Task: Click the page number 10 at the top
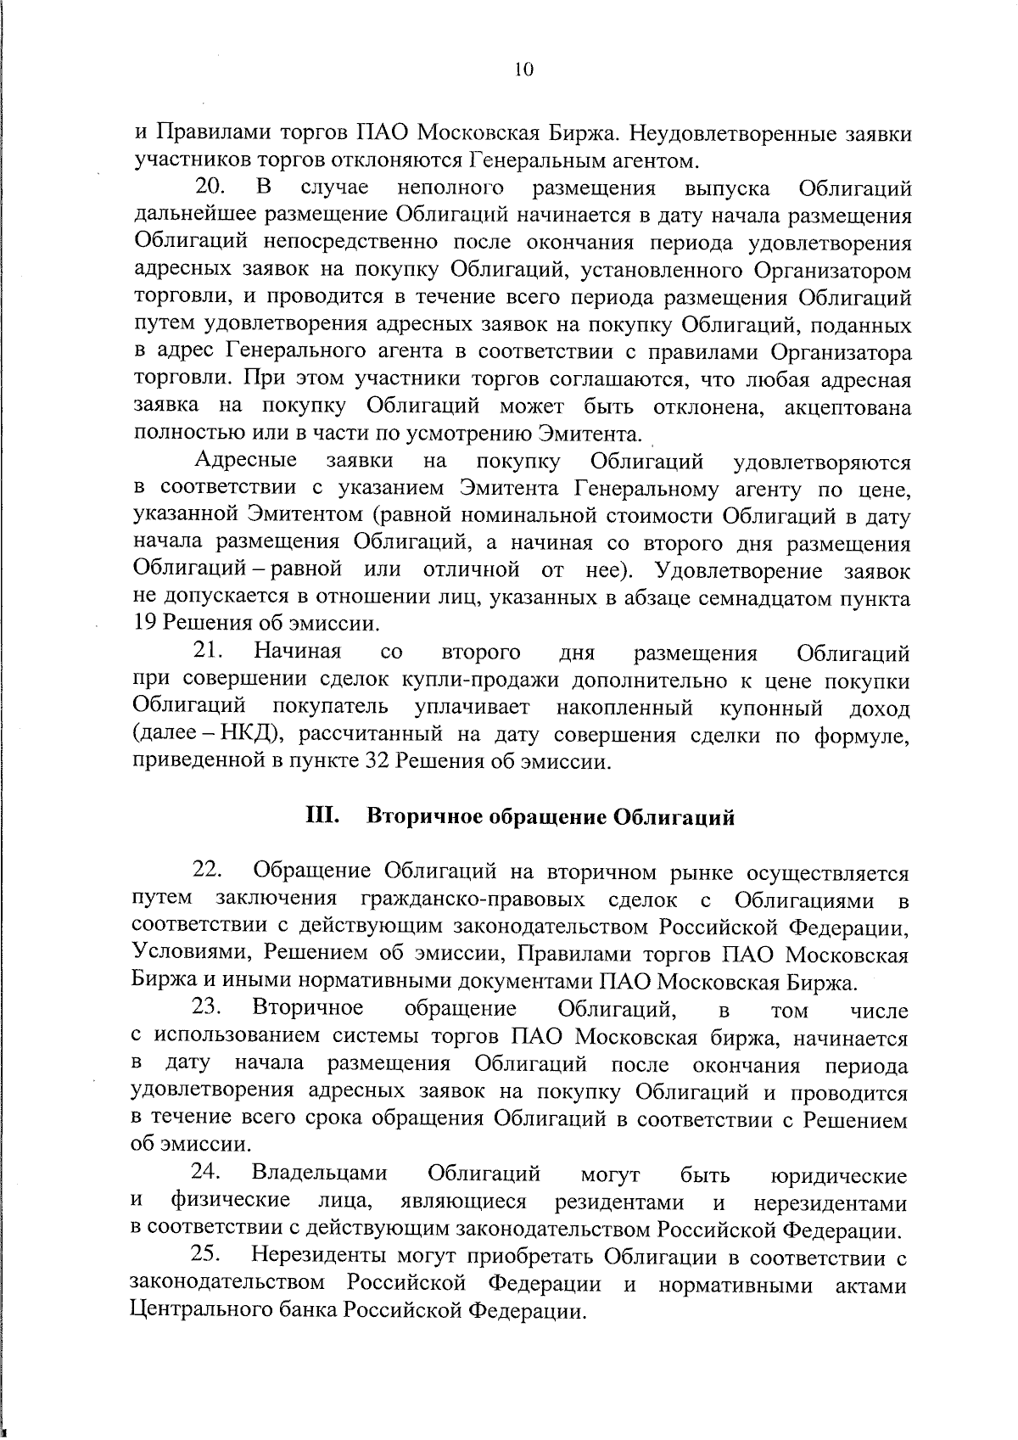coord(523,71)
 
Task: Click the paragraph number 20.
coord(210,187)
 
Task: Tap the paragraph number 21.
coord(209,652)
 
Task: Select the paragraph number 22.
coord(208,870)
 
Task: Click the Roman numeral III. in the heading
coord(323,816)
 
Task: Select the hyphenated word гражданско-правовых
coord(473,898)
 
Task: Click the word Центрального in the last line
coord(222,1311)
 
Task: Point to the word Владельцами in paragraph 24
coord(320,1174)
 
